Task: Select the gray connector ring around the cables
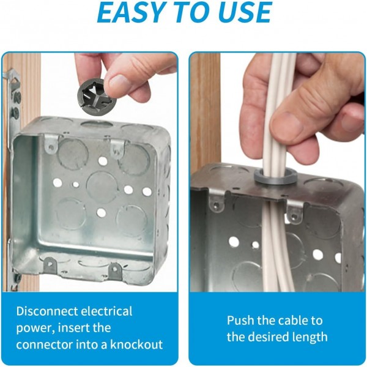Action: click(275, 176)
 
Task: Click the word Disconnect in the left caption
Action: click(47, 311)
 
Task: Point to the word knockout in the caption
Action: click(136, 344)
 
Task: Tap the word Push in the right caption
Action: click(240, 320)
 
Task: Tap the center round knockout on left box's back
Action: click(102, 185)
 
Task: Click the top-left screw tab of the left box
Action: click(51, 144)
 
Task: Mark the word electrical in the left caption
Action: click(106, 311)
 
